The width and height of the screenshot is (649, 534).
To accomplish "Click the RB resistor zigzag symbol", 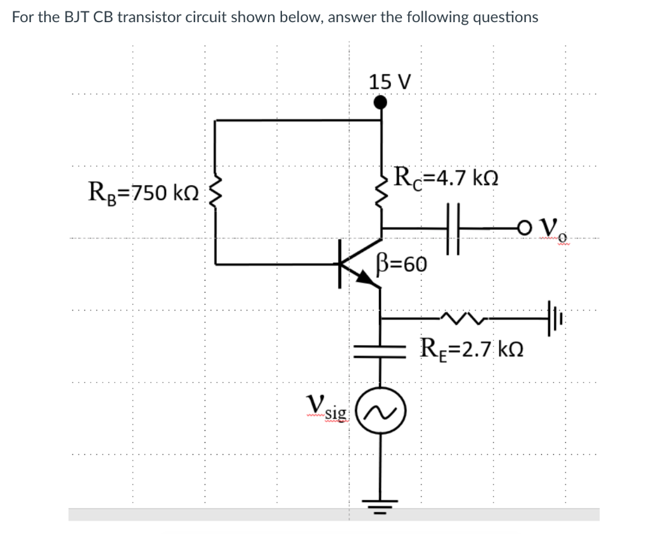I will coord(216,191).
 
